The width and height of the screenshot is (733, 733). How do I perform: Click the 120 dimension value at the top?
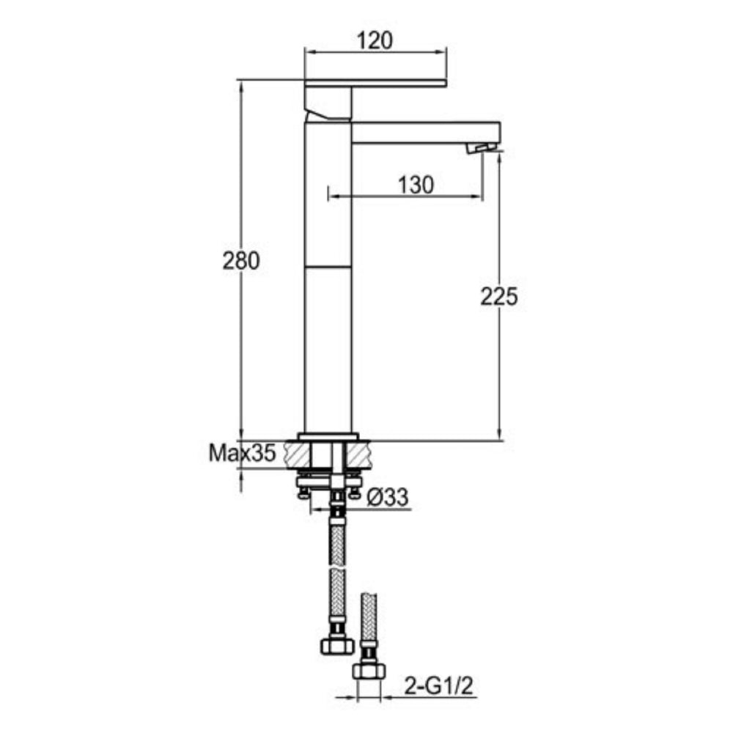(x=375, y=41)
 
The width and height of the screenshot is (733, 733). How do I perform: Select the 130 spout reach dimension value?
(x=416, y=184)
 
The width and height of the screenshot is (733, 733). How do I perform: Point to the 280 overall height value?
(x=240, y=261)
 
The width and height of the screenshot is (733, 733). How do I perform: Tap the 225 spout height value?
(x=499, y=296)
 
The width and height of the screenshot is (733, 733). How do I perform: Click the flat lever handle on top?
(x=375, y=82)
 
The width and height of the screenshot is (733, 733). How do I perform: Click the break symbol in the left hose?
(x=337, y=568)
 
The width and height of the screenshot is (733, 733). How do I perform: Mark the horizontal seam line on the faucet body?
(x=328, y=266)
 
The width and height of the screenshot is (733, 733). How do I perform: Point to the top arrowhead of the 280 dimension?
(x=240, y=84)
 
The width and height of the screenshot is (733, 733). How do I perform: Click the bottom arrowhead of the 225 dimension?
(x=499, y=436)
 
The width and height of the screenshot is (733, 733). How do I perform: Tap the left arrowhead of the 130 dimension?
(x=332, y=196)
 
